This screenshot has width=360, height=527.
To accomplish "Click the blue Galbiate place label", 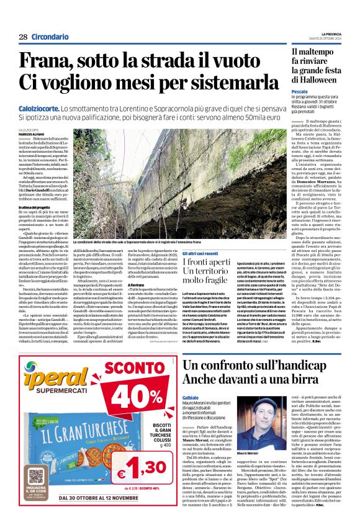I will point(191,397).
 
